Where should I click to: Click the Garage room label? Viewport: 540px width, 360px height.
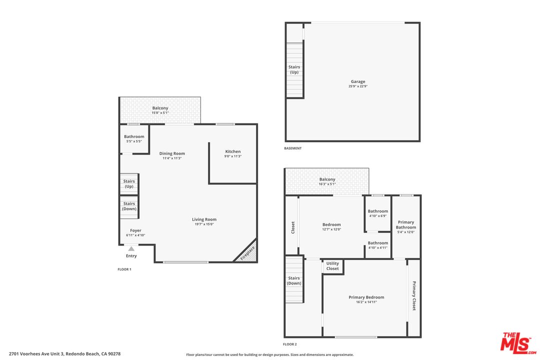pos(357,81)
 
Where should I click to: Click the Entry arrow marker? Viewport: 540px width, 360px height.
pos(131,248)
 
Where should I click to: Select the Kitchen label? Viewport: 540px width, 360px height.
pos(233,151)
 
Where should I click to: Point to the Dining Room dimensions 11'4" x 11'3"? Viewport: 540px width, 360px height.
pos(172,158)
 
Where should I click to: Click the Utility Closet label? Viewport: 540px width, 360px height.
pos(332,266)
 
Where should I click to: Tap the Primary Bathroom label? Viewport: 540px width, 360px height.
pos(406,224)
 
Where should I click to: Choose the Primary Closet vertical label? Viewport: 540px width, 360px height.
pos(414,295)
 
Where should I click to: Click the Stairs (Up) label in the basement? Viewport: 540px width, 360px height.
pos(294,69)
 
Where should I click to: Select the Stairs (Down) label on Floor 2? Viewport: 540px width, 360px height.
pos(294,280)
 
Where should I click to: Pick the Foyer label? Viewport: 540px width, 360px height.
pos(135,230)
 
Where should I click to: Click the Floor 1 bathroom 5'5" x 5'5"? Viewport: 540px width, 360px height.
pos(134,139)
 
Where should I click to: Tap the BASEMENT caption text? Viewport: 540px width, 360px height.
pos(292,148)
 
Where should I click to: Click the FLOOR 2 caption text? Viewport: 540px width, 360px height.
pos(290,344)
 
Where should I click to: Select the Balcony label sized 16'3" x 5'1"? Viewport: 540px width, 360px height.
pos(327,181)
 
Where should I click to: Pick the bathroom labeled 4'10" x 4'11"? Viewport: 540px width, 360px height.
pos(378,245)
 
